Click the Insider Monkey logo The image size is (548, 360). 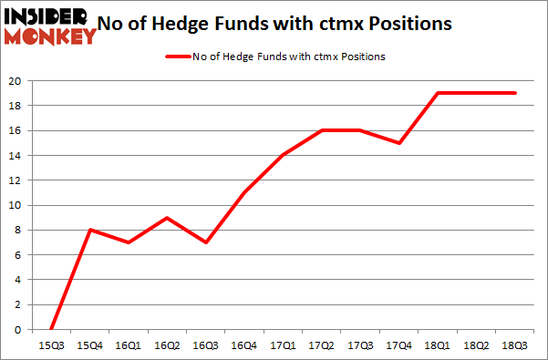[x=50, y=26]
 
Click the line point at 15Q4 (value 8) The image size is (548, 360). [x=89, y=230]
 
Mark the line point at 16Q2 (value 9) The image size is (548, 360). [x=167, y=217]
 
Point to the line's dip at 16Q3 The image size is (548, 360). [x=205, y=242]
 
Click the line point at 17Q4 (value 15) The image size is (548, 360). [x=398, y=142]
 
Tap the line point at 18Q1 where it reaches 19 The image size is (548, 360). [x=438, y=93]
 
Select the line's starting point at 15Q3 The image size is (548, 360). [x=51, y=329]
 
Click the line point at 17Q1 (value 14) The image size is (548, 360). [x=283, y=155]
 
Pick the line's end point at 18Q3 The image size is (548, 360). [x=515, y=93]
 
